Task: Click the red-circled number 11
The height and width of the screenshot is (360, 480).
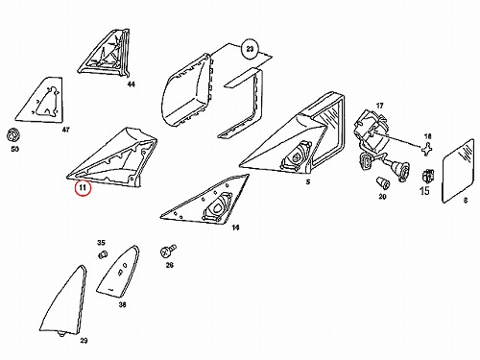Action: pyautogui.click(x=83, y=187)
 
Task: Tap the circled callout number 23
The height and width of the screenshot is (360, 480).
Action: pyautogui.click(x=250, y=49)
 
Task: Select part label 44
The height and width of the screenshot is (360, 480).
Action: pyautogui.click(x=131, y=84)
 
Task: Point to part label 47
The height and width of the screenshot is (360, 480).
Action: pyautogui.click(x=65, y=130)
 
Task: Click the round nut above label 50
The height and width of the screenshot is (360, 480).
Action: pyautogui.click(x=13, y=135)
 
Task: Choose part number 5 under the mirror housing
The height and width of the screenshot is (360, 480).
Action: pyautogui.click(x=308, y=182)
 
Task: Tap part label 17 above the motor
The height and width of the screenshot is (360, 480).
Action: pyautogui.click(x=379, y=106)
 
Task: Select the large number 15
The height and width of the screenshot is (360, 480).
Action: pyautogui.click(x=424, y=191)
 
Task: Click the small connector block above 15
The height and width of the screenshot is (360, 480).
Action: pyautogui.click(x=428, y=176)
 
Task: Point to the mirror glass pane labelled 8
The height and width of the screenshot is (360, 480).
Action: pyautogui.click(x=458, y=171)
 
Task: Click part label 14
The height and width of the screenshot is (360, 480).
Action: pyautogui.click(x=235, y=228)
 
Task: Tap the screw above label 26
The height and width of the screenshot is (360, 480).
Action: pyautogui.click(x=168, y=251)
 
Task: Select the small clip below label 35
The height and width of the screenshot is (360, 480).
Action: pyautogui.click(x=102, y=255)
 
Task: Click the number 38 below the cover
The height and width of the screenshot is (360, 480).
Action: pyautogui.click(x=123, y=304)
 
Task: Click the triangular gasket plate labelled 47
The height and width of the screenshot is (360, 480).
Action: pyautogui.click(x=40, y=100)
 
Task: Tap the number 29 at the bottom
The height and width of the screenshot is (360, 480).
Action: pyautogui.click(x=84, y=341)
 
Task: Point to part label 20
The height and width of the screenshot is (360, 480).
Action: pyautogui.click(x=383, y=197)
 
